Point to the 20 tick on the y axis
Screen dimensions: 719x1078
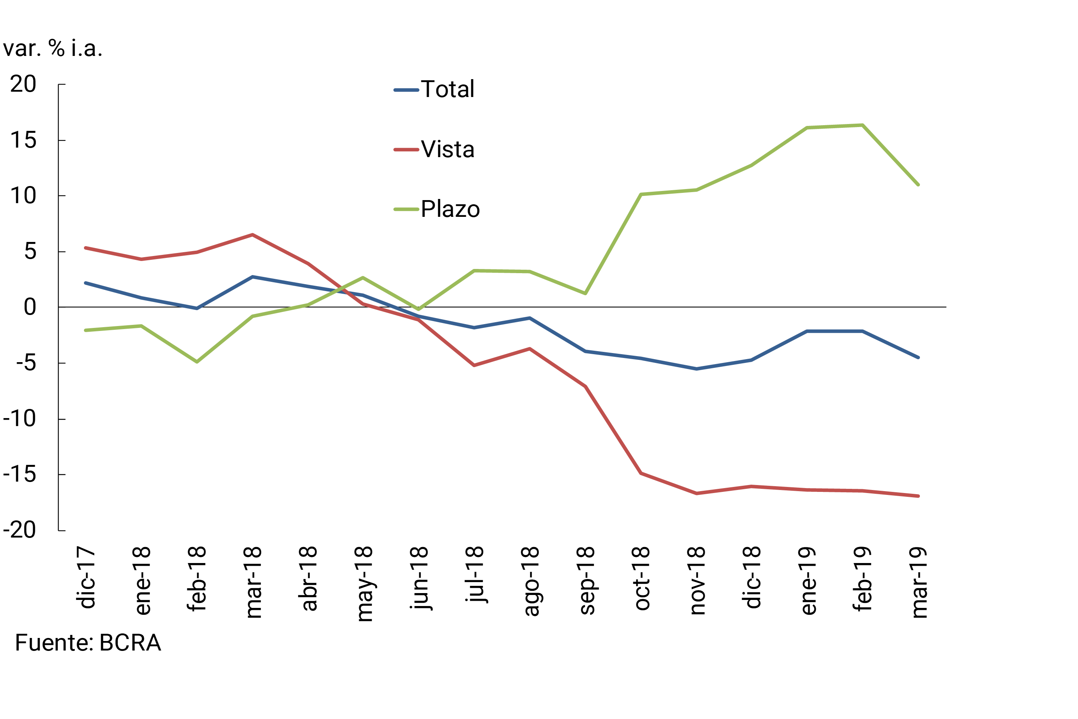pos(23,84)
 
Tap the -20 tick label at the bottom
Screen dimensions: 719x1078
pos(19,530)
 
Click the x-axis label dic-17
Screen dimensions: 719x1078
pos(86,578)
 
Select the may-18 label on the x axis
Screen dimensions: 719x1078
pos(364,584)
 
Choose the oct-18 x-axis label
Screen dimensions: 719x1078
pos(642,579)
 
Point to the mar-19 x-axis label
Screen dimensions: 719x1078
pos(919,582)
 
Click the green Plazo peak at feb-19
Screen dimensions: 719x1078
pos(862,125)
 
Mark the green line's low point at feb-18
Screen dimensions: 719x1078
pos(197,362)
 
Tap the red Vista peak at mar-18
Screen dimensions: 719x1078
pos(252,235)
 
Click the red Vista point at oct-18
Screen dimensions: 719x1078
pos(641,473)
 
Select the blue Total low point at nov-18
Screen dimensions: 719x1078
pos(697,369)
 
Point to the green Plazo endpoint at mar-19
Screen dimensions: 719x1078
pos(918,185)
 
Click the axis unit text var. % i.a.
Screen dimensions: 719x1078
pos(53,49)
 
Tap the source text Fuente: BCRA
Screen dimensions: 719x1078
pos(88,643)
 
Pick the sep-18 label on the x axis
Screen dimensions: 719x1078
pos(586,581)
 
